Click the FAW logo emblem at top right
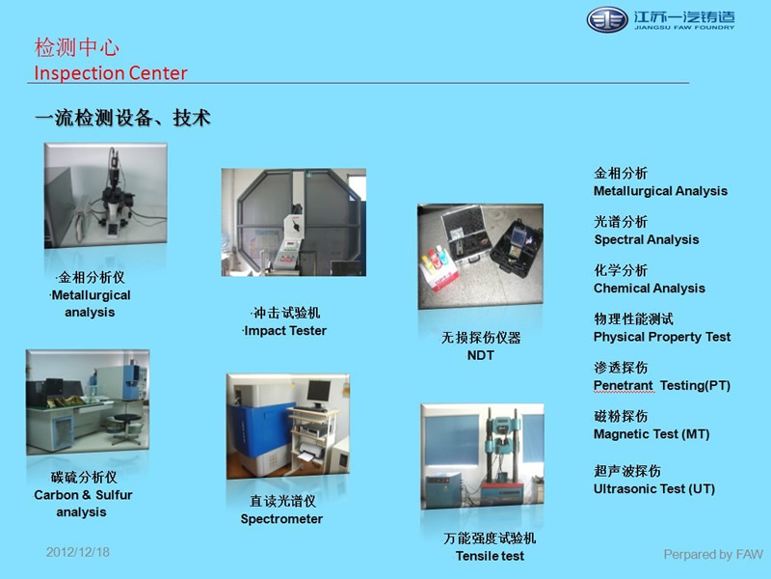coord(608,19)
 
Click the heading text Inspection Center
coord(111,73)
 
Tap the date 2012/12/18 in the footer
coord(78,552)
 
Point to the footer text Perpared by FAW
coord(713,554)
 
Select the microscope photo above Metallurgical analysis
coord(104,198)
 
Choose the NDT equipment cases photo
coord(480,257)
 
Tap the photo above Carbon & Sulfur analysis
coord(88,402)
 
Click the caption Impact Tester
coord(285,331)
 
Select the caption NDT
coord(480,355)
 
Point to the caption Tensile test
coord(490,556)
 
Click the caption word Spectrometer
coord(281,519)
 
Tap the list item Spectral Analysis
coord(646,239)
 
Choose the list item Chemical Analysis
coord(649,289)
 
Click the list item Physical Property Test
coord(662,337)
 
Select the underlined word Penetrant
coord(623,386)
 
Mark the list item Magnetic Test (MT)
coord(651,434)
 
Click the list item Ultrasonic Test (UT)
coord(653,488)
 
